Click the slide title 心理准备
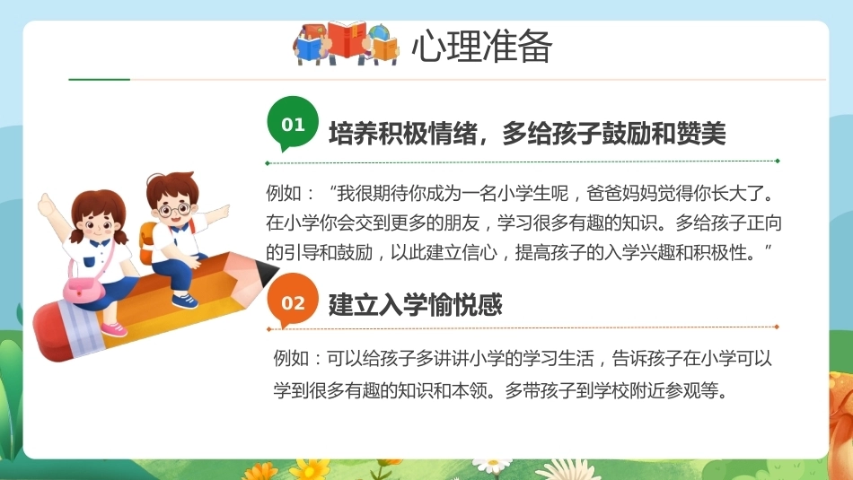pyautogui.click(x=481, y=45)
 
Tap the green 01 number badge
pyautogui.click(x=293, y=124)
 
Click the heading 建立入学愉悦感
pyautogui.click(x=415, y=304)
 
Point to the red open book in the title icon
pyautogui.click(x=348, y=39)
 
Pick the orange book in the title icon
pyautogui.click(x=384, y=49)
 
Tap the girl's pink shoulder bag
pyautogui.click(x=84, y=288)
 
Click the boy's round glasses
pyautogui.click(x=174, y=209)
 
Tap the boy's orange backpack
pyautogui.click(x=147, y=242)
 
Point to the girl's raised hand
pyautogui.click(x=46, y=205)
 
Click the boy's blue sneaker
pyautogui.click(x=184, y=300)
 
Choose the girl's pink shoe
pyautogui.click(x=114, y=328)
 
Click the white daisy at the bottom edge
pyautogui.click(x=493, y=466)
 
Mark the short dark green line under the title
pyautogui.click(x=99, y=79)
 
